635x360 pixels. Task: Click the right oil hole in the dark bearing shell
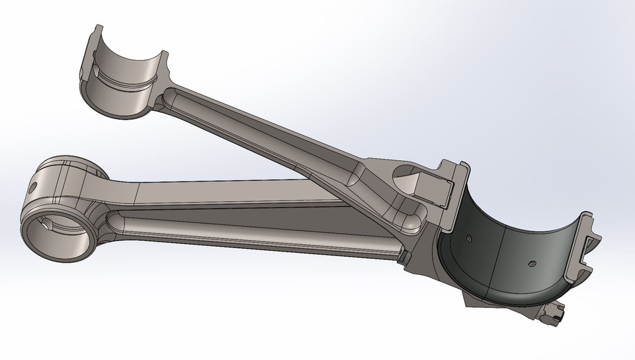pos(532,263)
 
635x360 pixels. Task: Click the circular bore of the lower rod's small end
pos(56,235)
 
